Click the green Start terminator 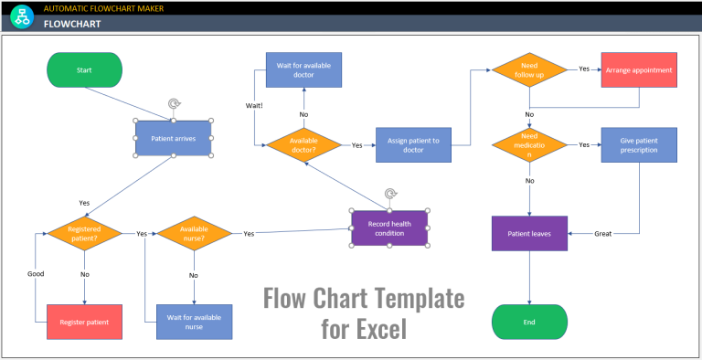click(x=84, y=69)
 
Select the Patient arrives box click(x=174, y=139)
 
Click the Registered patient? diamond click(x=84, y=234)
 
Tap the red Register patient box click(x=84, y=322)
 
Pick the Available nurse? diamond click(x=194, y=234)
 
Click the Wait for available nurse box click(x=194, y=322)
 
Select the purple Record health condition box click(x=389, y=228)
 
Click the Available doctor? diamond click(x=303, y=145)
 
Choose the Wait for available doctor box click(x=303, y=69)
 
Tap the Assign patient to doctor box click(x=413, y=145)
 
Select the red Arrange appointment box click(x=639, y=69)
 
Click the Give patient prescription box click(x=639, y=145)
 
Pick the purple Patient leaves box click(x=530, y=233)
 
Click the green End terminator click(x=530, y=322)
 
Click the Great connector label click(x=603, y=234)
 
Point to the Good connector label click(x=35, y=273)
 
